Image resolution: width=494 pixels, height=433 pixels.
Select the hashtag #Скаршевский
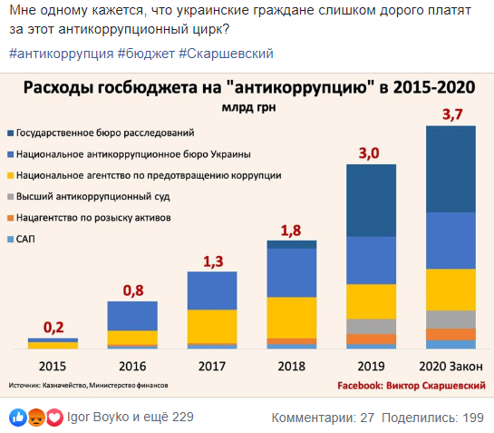coord(226,54)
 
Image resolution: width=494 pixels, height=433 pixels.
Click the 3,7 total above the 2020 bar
coord(450,114)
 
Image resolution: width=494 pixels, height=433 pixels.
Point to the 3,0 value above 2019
coord(370,153)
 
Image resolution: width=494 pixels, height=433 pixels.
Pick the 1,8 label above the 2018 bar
coord(291,230)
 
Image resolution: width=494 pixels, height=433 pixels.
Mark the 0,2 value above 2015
coord(53,328)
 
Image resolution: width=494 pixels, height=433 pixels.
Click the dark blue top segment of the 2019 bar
coord(371,200)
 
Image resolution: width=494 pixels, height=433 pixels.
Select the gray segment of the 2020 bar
coord(450,319)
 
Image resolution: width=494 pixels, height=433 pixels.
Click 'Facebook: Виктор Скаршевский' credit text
coord(411,385)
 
